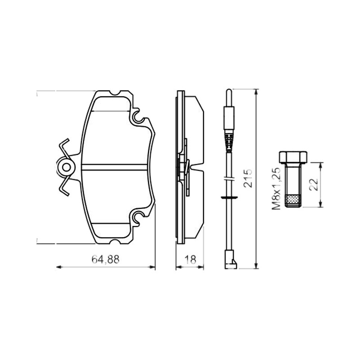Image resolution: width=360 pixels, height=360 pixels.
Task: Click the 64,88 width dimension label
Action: tap(105, 259)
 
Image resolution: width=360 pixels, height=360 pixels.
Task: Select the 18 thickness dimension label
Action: tap(190, 260)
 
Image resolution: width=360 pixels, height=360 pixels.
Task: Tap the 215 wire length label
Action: tap(248, 178)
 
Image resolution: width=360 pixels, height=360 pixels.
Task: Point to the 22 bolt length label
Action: tap(314, 184)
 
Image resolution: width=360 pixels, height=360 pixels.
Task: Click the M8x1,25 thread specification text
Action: tap(276, 189)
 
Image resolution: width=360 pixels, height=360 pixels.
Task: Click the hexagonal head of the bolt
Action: tap(293, 157)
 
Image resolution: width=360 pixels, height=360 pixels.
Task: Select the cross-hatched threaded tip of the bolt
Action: tap(293, 201)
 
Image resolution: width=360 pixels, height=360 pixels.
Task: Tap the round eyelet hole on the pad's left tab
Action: tap(67, 167)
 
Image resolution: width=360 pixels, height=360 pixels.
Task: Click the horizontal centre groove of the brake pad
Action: tap(114, 167)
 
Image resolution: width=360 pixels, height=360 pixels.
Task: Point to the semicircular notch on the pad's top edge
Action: tap(115, 93)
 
